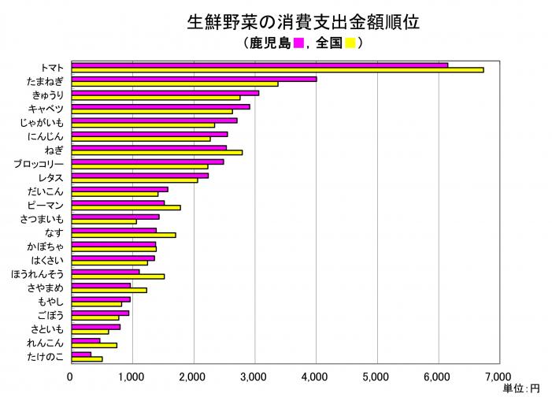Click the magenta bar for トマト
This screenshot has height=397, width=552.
pyautogui.click(x=259, y=65)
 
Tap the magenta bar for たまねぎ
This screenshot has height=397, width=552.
pyautogui.click(x=194, y=79)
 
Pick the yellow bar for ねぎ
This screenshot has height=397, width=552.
pyautogui.click(x=157, y=152)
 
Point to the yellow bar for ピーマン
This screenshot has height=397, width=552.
pyautogui.click(x=126, y=208)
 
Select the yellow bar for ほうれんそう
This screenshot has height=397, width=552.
pyautogui.click(x=118, y=276)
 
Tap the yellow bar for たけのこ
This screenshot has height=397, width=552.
pyautogui.click(x=87, y=359)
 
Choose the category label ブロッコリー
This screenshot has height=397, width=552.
pyautogui.click(x=39, y=164)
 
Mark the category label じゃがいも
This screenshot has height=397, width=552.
pyautogui.click(x=44, y=123)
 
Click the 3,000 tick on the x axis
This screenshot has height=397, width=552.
pyautogui.click(x=254, y=377)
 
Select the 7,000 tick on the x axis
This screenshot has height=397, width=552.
pyautogui.click(x=499, y=377)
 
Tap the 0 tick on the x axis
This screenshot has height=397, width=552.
pyautogui.click(x=71, y=377)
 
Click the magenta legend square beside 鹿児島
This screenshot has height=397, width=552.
pyautogui.click(x=299, y=43)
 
